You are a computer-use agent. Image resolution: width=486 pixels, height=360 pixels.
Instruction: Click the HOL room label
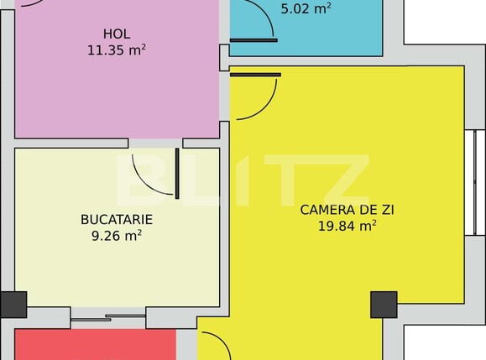click(116, 34)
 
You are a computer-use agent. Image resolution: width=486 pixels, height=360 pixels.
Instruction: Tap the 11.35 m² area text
click(116, 50)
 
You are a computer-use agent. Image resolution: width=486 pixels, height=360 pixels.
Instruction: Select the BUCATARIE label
click(117, 219)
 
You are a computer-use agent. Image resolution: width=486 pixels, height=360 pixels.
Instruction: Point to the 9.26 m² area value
click(117, 236)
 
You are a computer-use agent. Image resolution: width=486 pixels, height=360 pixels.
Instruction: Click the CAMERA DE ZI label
click(337, 209)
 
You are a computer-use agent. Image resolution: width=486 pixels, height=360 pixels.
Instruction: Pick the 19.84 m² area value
click(346, 225)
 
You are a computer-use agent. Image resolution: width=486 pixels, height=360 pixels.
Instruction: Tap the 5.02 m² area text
click(305, 8)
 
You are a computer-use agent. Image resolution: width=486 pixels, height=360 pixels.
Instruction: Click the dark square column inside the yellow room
click(384, 304)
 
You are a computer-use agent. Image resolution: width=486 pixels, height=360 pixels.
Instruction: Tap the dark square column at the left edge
click(13, 304)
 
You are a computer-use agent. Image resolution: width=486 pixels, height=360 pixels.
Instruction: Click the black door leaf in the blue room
click(253, 39)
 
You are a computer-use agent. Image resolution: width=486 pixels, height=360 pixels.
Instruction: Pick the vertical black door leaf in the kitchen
click(177, 174)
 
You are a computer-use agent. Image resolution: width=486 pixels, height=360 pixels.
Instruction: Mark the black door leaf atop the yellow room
click(255, 75)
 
